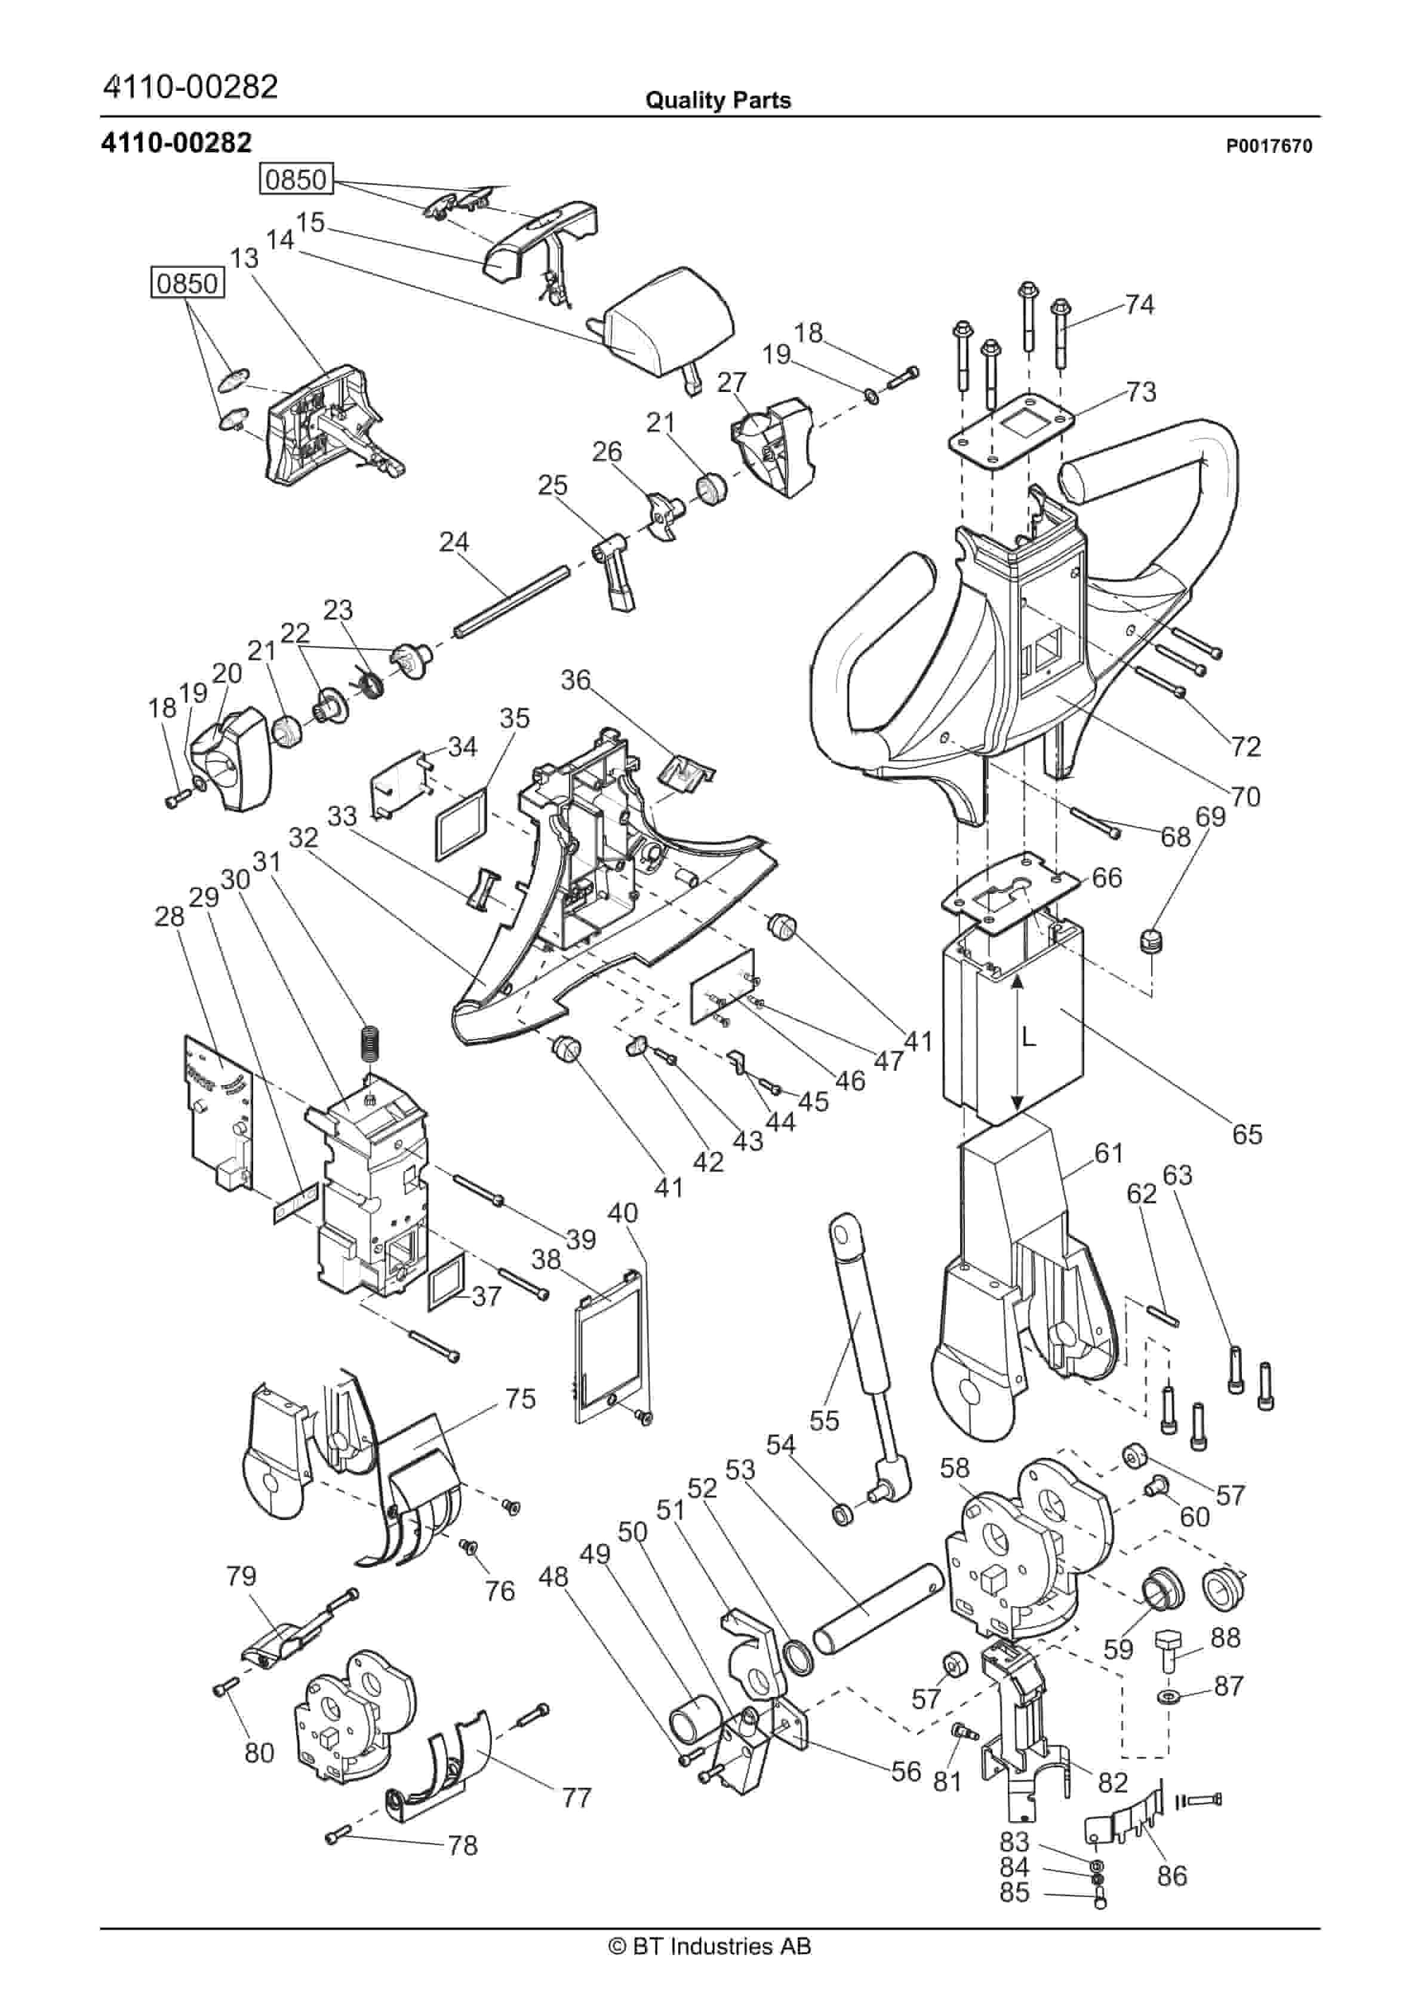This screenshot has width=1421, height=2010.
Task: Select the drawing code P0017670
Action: tap(1268, 146)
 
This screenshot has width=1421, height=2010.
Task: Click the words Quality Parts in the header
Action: tap(718, 100)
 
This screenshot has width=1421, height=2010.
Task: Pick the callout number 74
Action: tap(1139, 305)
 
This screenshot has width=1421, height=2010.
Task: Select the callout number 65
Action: tap(1247, 1135)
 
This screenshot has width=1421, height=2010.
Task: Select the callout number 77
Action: tap(577, 1798)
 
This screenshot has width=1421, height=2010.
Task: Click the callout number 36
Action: tap(576, 679)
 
